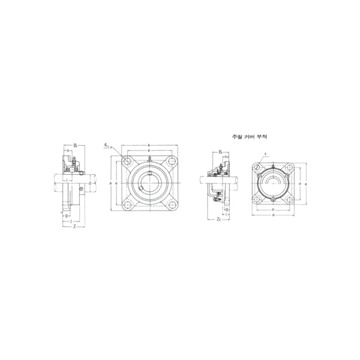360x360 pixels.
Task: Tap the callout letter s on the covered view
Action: pos(265,154)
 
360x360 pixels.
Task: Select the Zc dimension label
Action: pos(218,220)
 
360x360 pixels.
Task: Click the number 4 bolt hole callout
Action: pos(106,145)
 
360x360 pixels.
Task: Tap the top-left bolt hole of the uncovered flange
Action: pos(128,161)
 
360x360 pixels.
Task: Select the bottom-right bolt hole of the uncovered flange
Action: pos(170,203)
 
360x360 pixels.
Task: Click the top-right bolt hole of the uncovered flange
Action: pos(170,161)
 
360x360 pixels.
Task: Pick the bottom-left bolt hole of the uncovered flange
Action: pos(128,203)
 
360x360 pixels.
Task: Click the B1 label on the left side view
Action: pos(76,145)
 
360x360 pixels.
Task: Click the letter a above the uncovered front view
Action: pos(148,145)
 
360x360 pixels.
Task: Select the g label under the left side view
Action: pos(68,216)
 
